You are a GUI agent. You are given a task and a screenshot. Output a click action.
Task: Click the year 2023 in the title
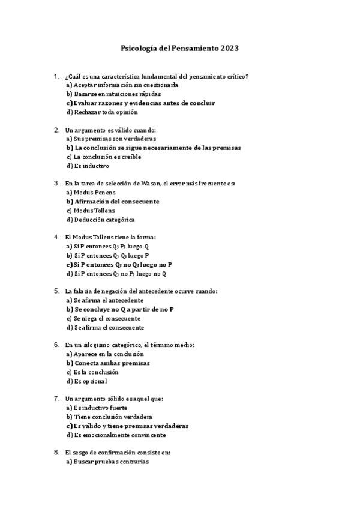pyautogui.click(x=230, y=47)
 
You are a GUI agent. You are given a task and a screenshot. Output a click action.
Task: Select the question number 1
pyautogui.click(x=56, y=76)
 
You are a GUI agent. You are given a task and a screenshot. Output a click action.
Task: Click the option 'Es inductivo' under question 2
pyautogui.click(x=88, y=166)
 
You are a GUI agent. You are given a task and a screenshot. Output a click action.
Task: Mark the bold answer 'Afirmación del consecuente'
pyautogui.click(x=113, y=202)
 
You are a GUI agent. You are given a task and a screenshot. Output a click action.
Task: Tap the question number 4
pyautogui.click(x=56, y=237)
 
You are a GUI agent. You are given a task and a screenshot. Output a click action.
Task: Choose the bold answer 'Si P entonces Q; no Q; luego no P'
pyautogui.click(x=119, y=264)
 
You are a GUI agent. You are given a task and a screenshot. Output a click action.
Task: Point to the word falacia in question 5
pyautogui.click(x=85, y=291)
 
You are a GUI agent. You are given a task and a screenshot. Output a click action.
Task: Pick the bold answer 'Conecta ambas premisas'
pyautogui.click(x=108, y=363)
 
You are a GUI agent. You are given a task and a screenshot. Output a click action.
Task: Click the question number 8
pyautogui.click(x=56, y=452)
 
